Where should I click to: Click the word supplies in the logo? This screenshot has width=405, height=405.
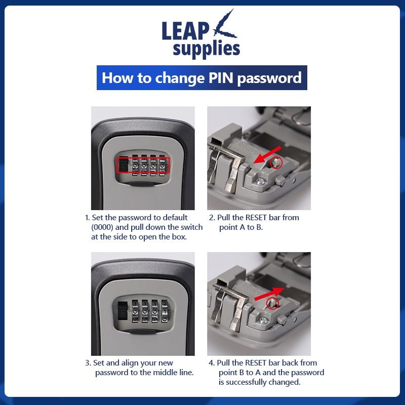click(206, 49)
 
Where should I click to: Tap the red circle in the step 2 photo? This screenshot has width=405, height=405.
click(276, 163)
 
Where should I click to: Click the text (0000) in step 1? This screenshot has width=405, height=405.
click(103, 227)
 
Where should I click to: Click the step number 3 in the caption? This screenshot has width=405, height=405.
click(87, 363)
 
